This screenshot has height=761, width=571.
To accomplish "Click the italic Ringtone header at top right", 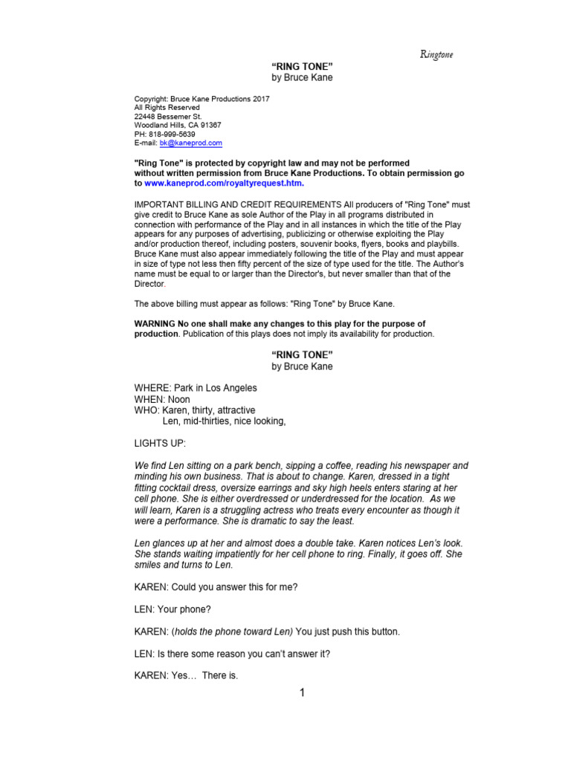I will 436,54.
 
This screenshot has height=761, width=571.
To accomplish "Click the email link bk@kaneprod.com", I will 191,143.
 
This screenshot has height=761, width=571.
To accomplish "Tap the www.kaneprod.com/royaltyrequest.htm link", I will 224,183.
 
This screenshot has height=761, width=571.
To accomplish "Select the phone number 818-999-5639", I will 172,134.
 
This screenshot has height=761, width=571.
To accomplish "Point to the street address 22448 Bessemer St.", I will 167,117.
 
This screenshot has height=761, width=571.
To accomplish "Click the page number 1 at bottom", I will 302,693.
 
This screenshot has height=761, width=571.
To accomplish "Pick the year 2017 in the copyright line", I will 261,99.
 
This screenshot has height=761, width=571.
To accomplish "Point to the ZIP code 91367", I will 206,125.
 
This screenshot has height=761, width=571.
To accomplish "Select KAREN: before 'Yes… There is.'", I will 151,676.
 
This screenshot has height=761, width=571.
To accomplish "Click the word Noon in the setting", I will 179,399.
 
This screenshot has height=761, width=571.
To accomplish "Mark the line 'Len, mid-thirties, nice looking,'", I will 224,421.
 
